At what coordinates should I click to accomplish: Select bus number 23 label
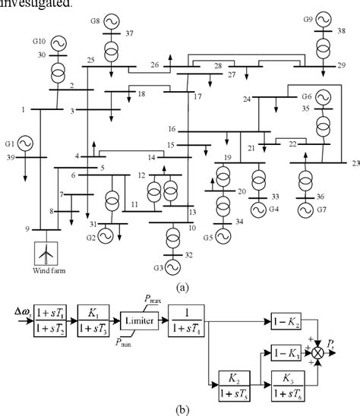354,162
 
